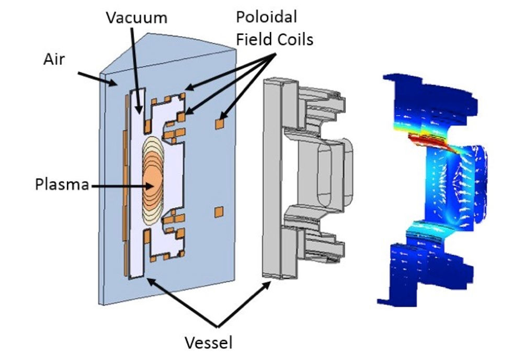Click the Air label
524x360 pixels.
click(x=54, y=60)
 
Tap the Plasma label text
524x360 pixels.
click(x=62, y=184)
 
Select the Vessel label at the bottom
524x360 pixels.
click(x=209, y=342)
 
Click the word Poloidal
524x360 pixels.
click(x=266, y=17)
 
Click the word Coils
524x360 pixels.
click(x=294, y=39)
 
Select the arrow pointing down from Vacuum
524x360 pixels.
click(x=135, y=71)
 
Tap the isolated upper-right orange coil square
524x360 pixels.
click(x=220, y=124)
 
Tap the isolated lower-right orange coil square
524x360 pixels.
click(x=219, y=212)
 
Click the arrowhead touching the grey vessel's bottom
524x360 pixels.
click(x=267, y=285)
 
